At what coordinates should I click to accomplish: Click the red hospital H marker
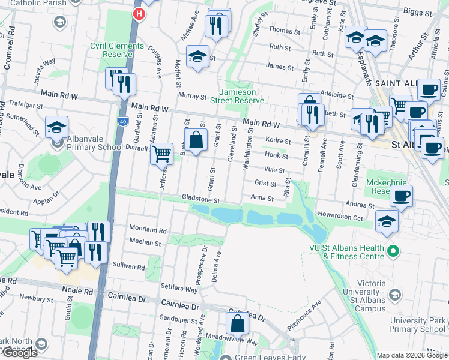[140, 14]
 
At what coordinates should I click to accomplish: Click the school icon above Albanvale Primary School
[56, 128]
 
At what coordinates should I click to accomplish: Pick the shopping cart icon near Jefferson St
[161, 154]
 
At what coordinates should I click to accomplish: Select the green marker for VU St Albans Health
[393, 251]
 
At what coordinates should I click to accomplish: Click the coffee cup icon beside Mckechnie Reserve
[402, 195]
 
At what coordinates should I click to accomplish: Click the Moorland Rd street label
[147, 229]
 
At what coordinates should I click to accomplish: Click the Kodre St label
[278, 141]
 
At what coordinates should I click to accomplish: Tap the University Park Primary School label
[417, 325]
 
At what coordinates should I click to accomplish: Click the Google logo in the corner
[20, 353]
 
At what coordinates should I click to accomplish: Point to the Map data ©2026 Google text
[411, 355]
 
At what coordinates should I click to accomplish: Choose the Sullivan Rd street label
[128, 266]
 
